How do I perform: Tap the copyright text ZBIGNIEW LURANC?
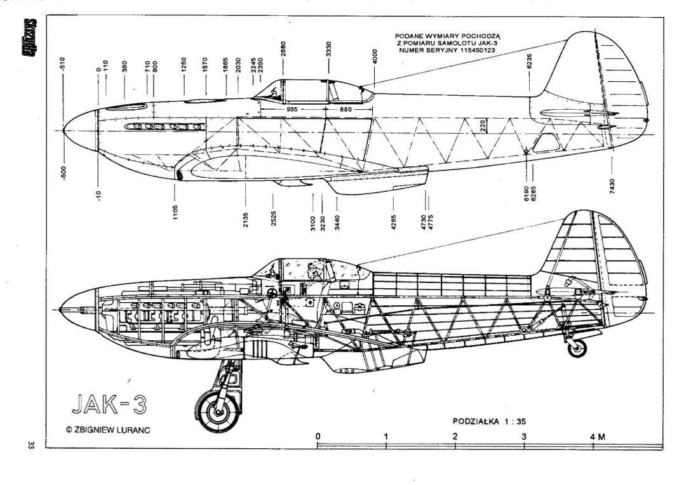(107, 430)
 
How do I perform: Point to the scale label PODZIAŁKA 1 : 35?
(489, 421)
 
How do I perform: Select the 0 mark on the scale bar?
(318, 437)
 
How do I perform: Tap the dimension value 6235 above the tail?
(529, 63)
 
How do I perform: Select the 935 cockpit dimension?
(292, 110)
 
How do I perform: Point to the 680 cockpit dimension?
(346, 110)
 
